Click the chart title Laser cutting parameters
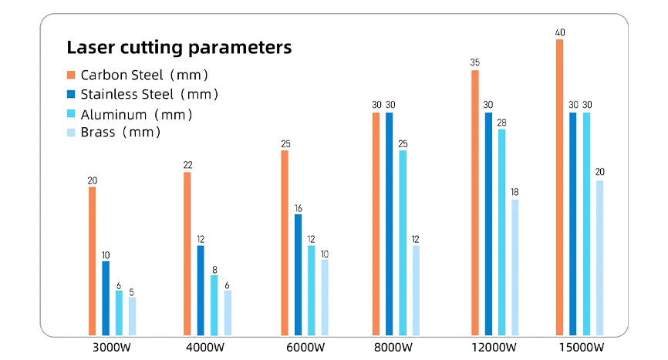[179, 48]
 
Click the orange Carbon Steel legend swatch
[71, 76]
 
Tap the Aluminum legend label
[136, 114]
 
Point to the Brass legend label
[120, 133]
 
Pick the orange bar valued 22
[187, 254]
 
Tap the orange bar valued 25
[285, 243]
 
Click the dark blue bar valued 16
[299, 274]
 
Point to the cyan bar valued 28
[502, 232]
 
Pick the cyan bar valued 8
[214, 305]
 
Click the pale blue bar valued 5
[132, 316]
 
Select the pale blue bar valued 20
[600, 258]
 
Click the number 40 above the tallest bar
[559, 32]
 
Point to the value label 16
[299, 208]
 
